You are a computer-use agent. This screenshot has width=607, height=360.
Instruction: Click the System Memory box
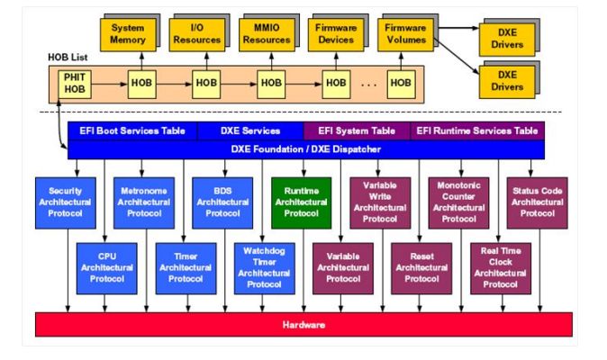pos(127,33)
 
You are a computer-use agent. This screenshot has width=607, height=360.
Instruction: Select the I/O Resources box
pos(195,33)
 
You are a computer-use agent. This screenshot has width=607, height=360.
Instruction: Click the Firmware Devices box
pos(335,33)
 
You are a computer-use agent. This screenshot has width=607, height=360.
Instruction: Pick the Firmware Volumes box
pos(404,33)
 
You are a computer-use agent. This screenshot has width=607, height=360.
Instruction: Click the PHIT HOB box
pos(74,83)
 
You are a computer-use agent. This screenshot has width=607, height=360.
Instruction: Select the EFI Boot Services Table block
pos(131,130)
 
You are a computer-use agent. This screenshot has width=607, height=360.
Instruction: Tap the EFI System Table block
pos(357,130)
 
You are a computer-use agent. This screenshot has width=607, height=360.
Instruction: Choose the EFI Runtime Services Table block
pos(477,130)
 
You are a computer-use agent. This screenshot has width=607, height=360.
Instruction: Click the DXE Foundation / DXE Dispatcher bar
pos(306,149)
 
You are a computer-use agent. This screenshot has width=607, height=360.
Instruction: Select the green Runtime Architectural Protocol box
pos(301,202)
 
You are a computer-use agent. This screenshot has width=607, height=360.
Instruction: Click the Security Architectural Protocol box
pos(66,202)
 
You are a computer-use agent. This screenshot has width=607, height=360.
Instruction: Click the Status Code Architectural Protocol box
pos(538,202)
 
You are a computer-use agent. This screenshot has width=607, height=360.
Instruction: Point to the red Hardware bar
pos(303,324)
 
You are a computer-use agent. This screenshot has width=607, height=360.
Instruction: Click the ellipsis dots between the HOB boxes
pos(367,84)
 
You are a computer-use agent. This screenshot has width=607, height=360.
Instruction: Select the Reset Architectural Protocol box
pos(421,267)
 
